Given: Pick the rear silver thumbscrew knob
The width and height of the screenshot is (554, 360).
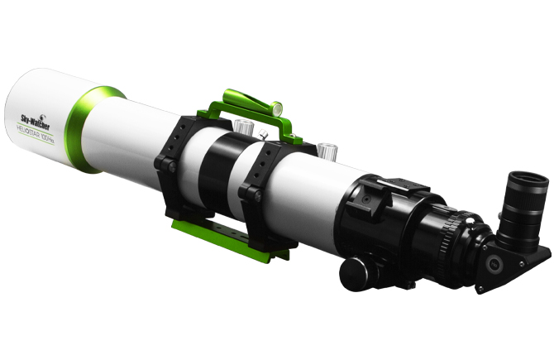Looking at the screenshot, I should click(328, 151).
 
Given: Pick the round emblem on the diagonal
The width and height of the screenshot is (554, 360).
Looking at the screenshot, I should click(494, 264).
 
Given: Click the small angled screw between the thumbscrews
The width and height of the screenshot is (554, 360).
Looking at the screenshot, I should click(263, 132).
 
